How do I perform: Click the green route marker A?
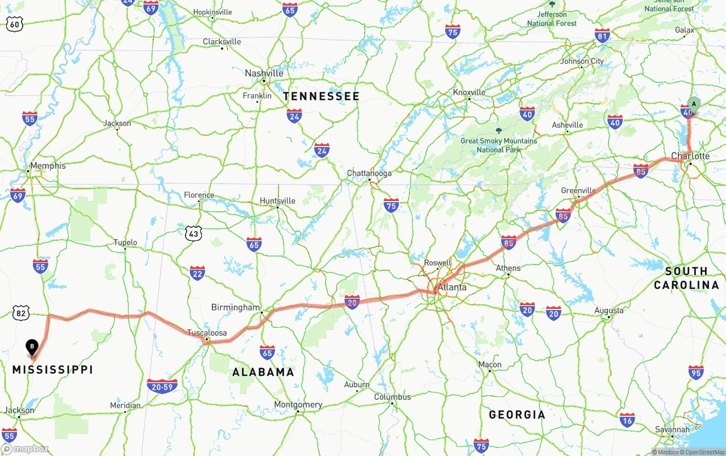(x=694, y=104)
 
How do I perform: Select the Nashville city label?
(x=264, y=73)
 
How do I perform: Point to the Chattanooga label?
(x=369, y=173)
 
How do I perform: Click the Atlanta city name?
(x=452, y=287)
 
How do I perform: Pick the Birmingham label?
(x=235, y=307)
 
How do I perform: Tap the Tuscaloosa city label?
(x=207, y=333)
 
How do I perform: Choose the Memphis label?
(x=48, y=166)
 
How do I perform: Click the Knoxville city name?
(x=469, y=92)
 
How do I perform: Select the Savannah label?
(x=673, y=429)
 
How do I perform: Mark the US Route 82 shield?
(x=21, y=312)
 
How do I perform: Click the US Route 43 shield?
(x=193, y=233)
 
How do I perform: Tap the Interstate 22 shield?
(x=197, y=273)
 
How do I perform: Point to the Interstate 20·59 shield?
(x=162, y=387)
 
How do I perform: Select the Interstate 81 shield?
(x=602, y=36)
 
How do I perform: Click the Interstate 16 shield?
(x=627, y=420)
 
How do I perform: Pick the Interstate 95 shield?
(x=696, y=373)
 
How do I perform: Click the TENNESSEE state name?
(x=322, y=97)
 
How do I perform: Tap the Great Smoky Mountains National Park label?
(x=499, y=145)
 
